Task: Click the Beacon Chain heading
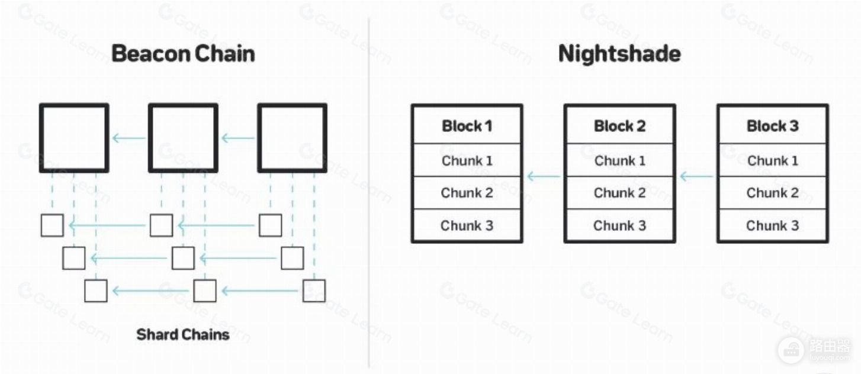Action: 183,53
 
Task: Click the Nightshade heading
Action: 619,53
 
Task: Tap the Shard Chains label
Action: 183,334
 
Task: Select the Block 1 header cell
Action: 467,126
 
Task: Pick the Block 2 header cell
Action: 619,126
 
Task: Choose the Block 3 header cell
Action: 773,126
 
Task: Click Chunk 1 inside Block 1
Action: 467,160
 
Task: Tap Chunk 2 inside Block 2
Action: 619,193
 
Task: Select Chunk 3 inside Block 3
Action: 773,225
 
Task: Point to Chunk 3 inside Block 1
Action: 467,225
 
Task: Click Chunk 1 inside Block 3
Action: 773,160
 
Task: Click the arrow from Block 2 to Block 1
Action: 544,176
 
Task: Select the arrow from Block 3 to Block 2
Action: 696,176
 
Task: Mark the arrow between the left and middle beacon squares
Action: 128,138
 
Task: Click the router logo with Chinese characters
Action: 814,350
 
